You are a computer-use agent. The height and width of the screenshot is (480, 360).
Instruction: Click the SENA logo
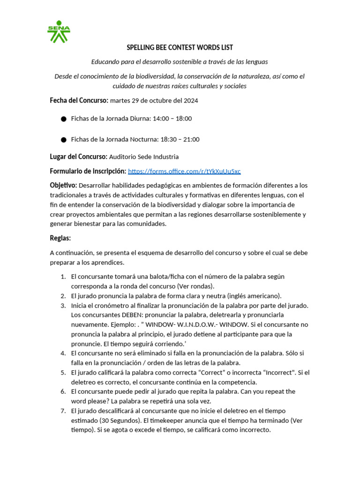point(59,31)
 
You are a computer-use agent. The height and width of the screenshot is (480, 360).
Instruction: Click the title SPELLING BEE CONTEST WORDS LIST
point(180,48)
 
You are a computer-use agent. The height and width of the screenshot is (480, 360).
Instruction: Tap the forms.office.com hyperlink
point(184,172)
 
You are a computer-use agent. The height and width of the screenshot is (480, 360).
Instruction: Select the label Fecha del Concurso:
point(79,100)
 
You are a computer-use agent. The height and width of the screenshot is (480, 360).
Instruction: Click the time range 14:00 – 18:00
point(172,119)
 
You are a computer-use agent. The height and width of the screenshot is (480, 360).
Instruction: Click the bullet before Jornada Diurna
point(63,119)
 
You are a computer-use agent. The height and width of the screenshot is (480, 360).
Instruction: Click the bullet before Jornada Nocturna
point(63,140)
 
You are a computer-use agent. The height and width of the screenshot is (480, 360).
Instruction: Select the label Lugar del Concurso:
point(78,157)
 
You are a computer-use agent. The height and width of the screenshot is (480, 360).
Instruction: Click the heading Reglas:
point(60,238)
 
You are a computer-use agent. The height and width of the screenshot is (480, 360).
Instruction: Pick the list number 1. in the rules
point(63,277)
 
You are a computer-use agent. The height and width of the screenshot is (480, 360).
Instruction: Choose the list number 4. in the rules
point(63,353)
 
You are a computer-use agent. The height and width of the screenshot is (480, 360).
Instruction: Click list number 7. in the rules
point(63,411)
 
